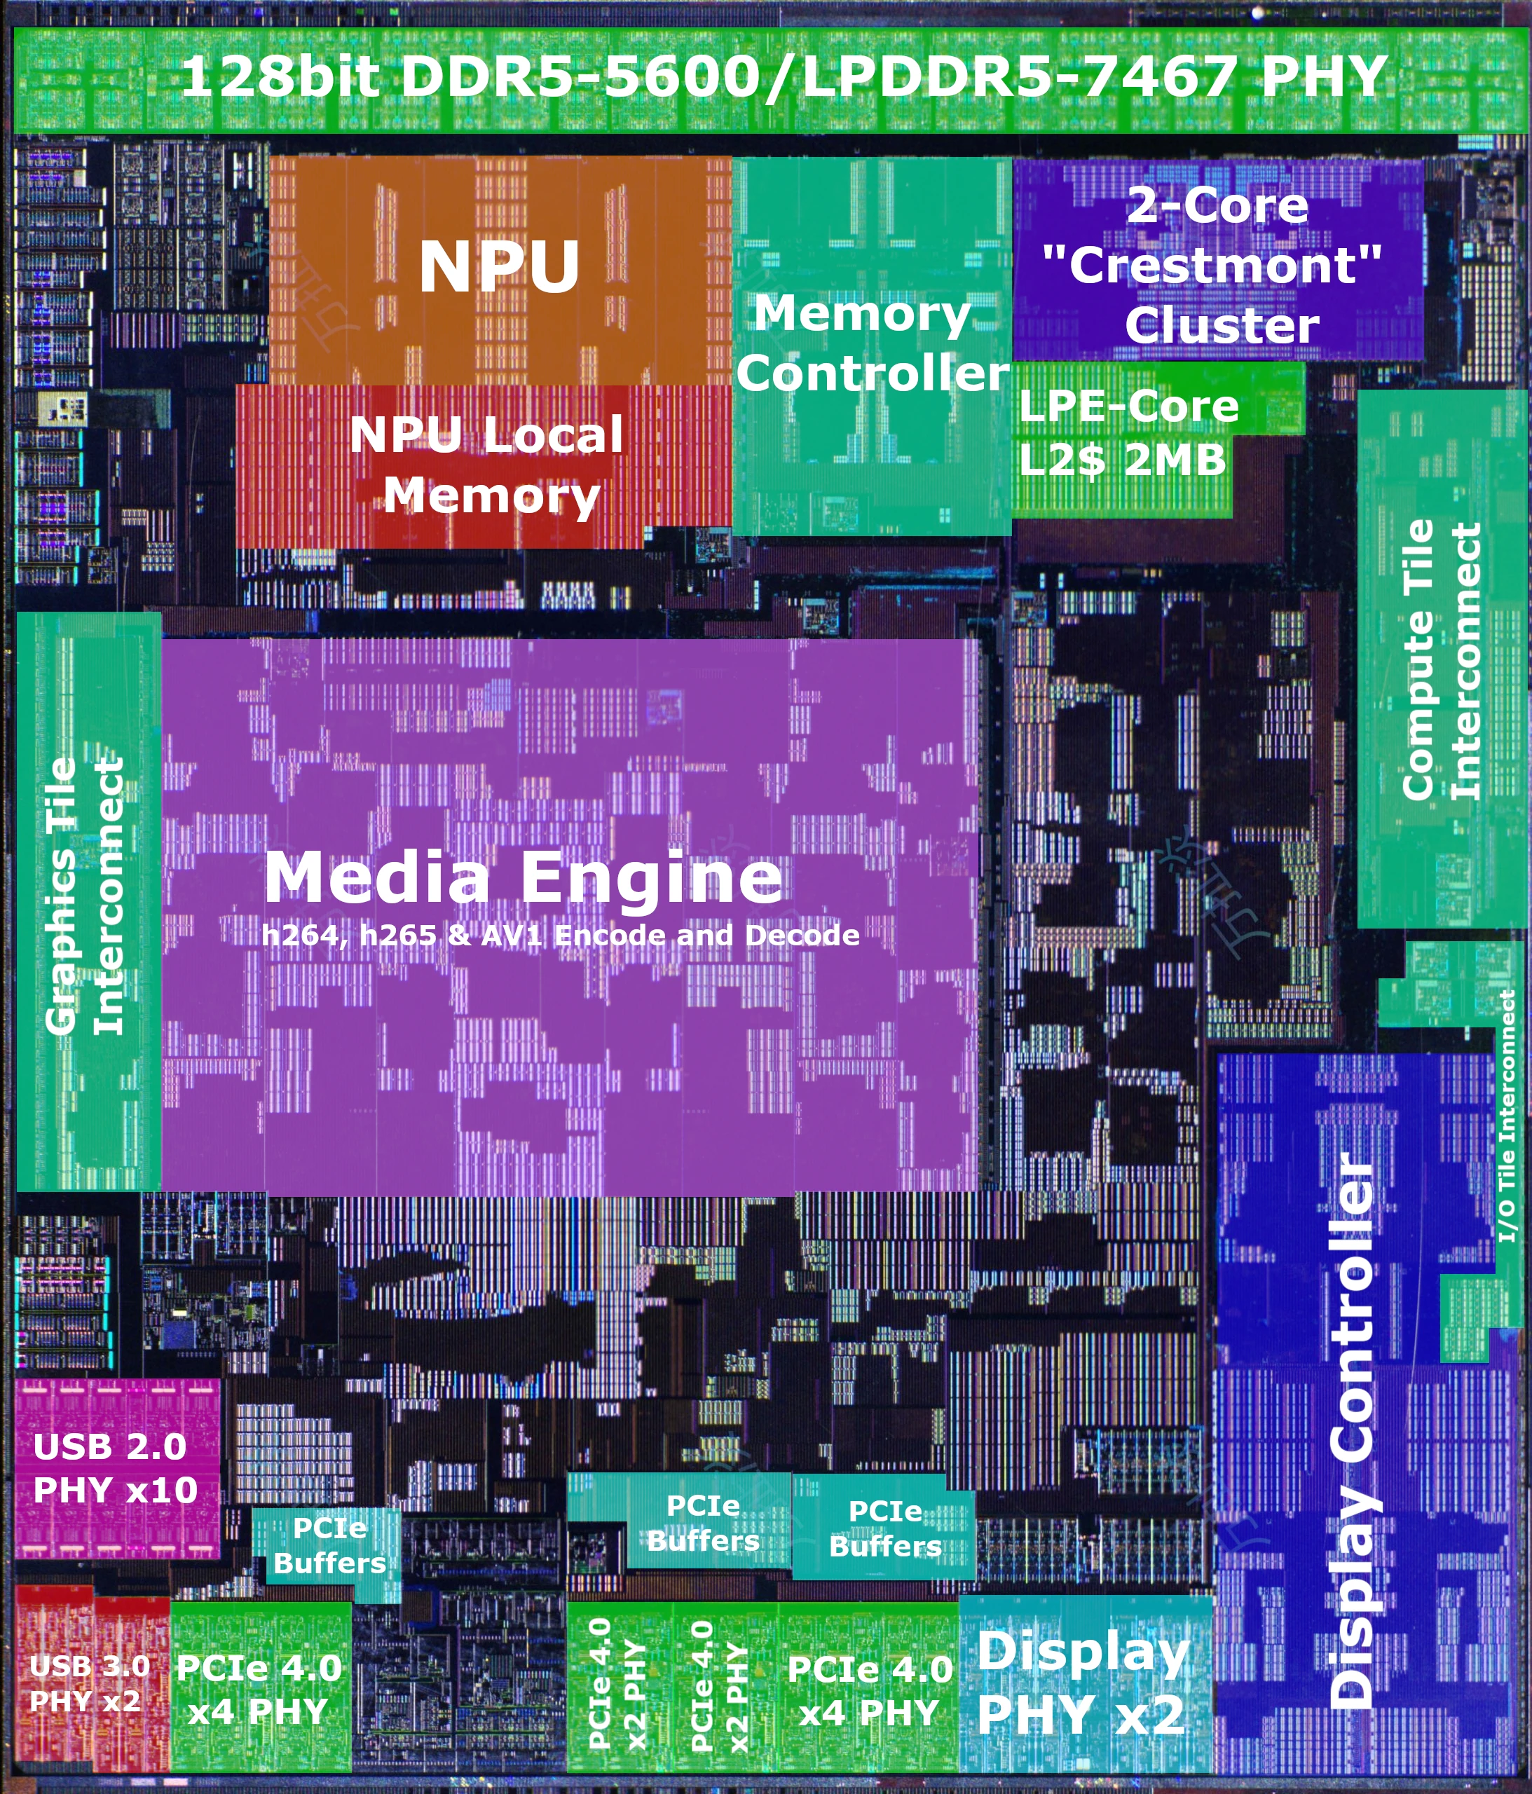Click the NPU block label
click(499, 267)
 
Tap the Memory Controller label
click(870, 344)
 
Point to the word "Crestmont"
click(1212, 265)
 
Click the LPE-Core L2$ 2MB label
click(1126, 433)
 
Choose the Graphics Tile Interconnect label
click(84, 896)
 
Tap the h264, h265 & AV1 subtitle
click(561, 935)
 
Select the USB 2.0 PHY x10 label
click(114, 1467)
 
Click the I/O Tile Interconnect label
click(1507, 1116)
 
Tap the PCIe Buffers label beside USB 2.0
click(329, 1545)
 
